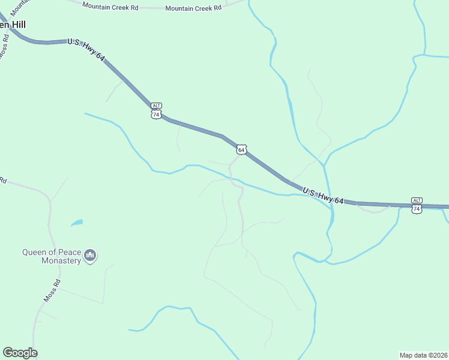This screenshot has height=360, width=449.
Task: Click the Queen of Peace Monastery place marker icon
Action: tap(91, 256)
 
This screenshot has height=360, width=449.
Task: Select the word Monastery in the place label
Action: tap(61, 261)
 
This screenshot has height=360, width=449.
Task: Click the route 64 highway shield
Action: tap(241, 149)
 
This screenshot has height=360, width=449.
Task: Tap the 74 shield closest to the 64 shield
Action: tap(156, 114)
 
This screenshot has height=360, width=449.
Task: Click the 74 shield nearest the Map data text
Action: tap(417, 209)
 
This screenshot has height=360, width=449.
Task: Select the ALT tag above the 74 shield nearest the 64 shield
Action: tap(156, 105)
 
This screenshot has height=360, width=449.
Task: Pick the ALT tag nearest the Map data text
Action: tap(417, 200)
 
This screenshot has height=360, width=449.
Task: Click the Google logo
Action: tap(20, 353)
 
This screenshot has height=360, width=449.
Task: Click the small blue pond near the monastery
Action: tap(76, 224)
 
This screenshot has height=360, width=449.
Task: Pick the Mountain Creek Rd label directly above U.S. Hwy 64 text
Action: tap(110, 6)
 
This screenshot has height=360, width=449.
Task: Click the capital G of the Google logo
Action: tap(7, 353)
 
